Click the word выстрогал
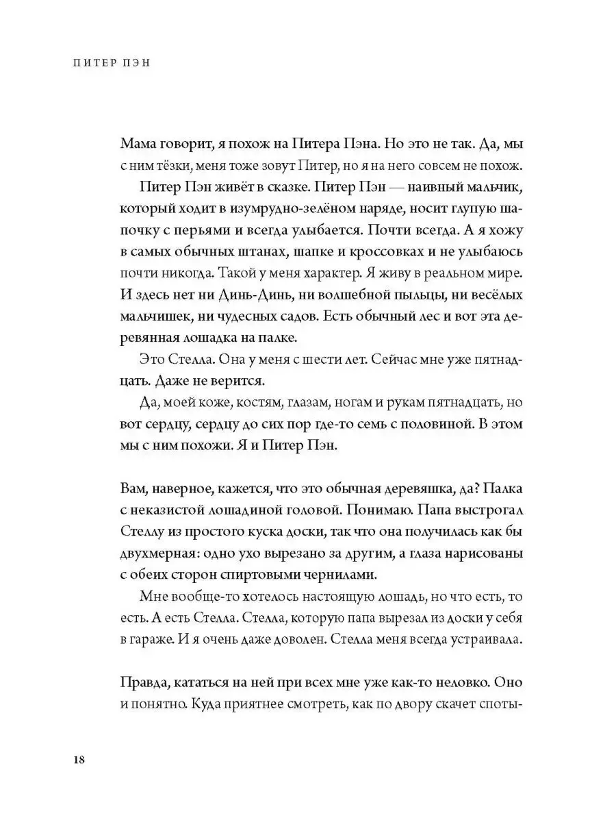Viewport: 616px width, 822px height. pos(473,508)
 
